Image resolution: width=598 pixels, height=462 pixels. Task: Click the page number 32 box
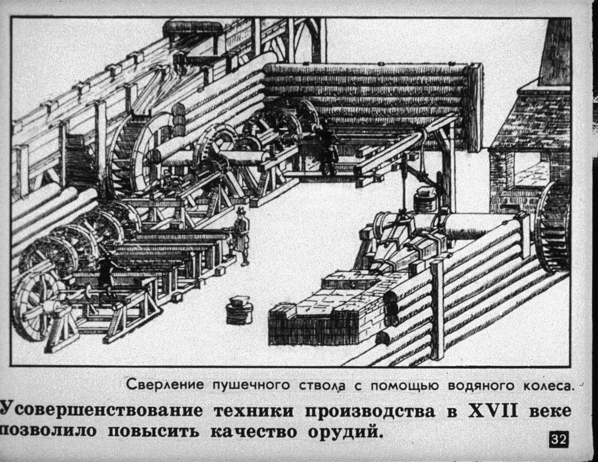[558, 439]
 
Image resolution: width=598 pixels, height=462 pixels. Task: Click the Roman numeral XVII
[493, 411]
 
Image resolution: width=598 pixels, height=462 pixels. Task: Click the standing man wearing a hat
[242, 235]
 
